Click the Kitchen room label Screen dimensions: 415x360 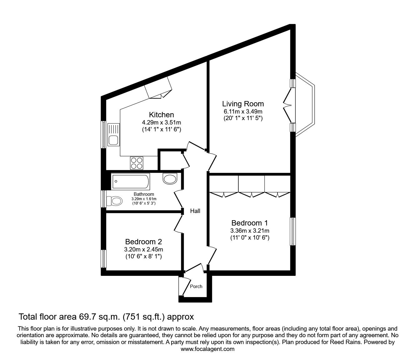[x=162, y=115]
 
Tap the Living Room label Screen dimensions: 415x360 [x=243, y=104]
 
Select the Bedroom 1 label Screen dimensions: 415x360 [x=250, y=223]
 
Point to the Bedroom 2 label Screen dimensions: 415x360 [x=143, y=241]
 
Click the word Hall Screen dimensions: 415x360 [x=195, y=211]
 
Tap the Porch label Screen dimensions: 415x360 [x=196, y=286]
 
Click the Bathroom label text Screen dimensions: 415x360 [x=144, y=194]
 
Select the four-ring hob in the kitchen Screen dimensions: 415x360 [x=137, y=163]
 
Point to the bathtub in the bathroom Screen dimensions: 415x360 [x=131, y=181]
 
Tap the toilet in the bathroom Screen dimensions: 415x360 [x=114, y=201]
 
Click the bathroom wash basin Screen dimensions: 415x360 [x=170, y=179]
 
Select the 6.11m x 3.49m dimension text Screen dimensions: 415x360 [x=243, y=111]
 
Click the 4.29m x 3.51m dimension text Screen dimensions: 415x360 [x=162, y=122]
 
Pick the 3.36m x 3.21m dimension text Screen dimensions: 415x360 [x=250, y=231]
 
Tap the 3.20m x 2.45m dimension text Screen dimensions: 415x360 [x=143, y=250]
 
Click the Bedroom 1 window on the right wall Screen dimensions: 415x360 [x=293, y=231]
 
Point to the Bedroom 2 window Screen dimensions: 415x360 [x=103, y=259]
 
